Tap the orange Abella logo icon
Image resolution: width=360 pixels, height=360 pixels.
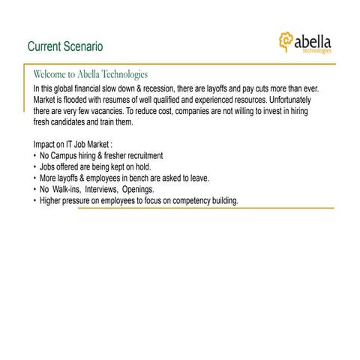tap(286, 40)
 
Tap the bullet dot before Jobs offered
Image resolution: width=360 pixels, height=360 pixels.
tap(35, 166)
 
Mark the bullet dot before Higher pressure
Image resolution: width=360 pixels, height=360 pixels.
tap(35, 201)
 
